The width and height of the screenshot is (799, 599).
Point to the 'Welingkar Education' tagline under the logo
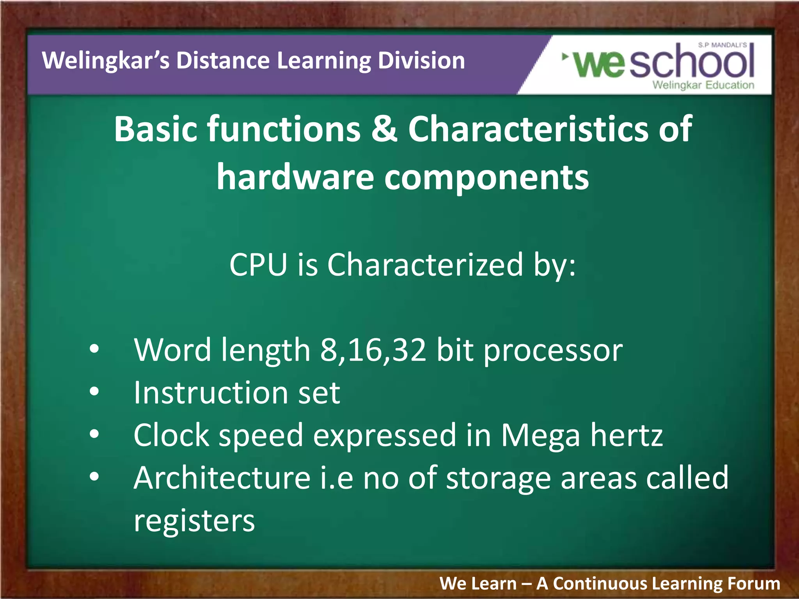(703, 85)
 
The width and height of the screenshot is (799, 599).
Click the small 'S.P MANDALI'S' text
(722, 45)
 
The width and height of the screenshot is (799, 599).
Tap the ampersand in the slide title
(384, 129)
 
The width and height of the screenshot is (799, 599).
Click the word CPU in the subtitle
(258, 265)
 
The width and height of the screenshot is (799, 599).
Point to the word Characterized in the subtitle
(425, 265)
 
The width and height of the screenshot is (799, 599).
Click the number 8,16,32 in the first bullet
(373, 350)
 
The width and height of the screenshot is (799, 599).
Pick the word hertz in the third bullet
(626, 435)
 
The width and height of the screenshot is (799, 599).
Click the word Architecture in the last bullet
(222, 478)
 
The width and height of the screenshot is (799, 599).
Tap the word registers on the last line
(194, 521)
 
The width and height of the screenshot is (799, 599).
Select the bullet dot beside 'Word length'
(94, 349)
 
